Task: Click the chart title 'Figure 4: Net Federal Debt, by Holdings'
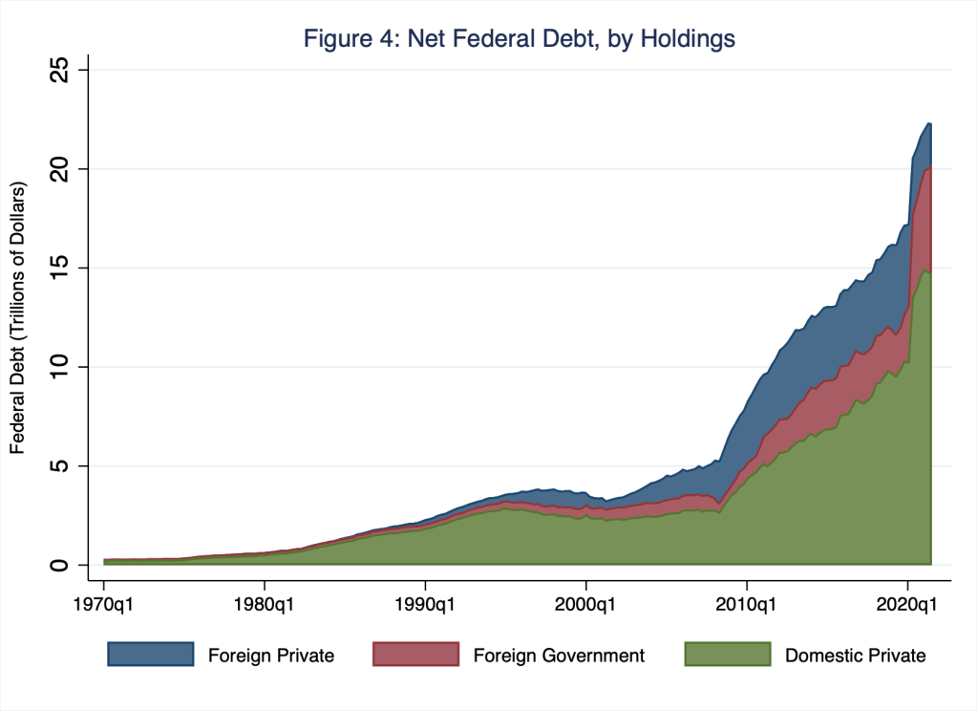click(x=519, y=39)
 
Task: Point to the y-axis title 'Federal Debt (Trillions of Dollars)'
click(x=17, y=317)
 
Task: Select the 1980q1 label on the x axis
click(x=264, y=604)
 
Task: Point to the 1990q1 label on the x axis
click(x=425, y=604)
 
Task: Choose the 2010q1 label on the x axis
click(x=747, y=604)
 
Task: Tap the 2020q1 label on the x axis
click(x=907, y=604)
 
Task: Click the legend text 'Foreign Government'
click(x=559, y=656)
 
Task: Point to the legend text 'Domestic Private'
click(x=855, y=656)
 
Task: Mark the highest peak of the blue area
click(x=928, y=123)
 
